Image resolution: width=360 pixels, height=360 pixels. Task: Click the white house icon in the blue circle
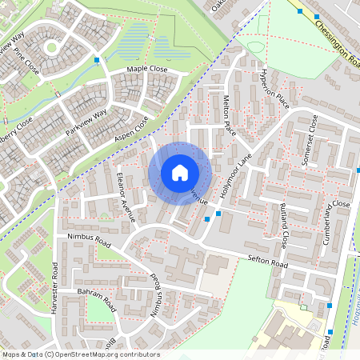(x=179, y=172)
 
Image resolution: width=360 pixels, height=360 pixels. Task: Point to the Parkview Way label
(x=86, y=119)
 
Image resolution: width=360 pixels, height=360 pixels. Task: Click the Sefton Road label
(x=267, y=262)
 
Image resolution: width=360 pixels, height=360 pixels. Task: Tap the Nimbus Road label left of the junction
(x=88, y=238)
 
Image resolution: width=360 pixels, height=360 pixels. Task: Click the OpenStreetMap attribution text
(x=81, y=354)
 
